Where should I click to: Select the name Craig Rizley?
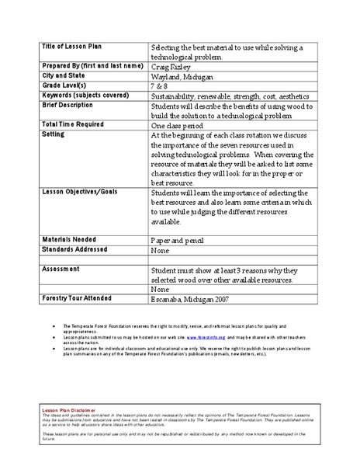point(176,68)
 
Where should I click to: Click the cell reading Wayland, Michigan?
point(185,78)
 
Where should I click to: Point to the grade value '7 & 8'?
point(162,88)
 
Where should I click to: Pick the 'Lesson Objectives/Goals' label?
point(81,190)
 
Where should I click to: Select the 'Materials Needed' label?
point(69,239)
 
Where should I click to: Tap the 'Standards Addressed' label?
point(74,249)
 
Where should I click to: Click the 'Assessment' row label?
point(60,268)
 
